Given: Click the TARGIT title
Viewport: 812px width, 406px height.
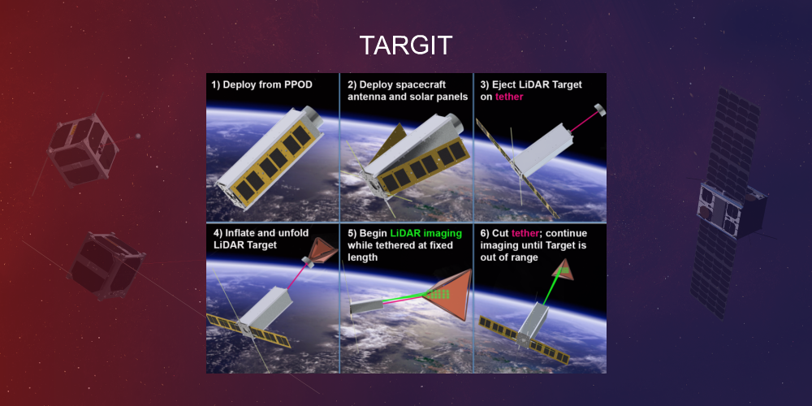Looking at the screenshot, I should (405, 46).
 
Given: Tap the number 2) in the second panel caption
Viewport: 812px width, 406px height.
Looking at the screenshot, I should (353, 84).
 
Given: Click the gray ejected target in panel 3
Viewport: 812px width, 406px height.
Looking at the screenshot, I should (599, 109).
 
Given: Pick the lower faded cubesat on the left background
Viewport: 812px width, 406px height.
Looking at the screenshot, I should (106, 264).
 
